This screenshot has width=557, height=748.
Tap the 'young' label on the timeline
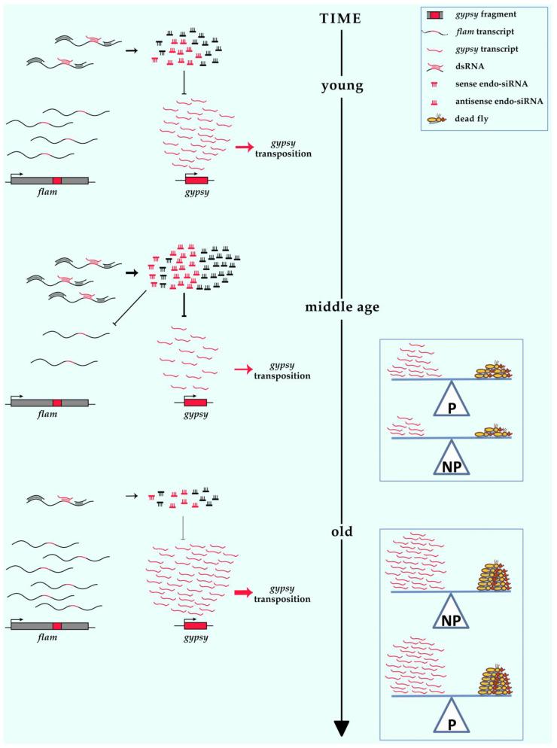(x=342, y=85)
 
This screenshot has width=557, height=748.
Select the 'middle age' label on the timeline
(x=342, y=307)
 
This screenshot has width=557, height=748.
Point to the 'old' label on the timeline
(x=342, y=534)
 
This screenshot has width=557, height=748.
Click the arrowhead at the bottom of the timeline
(x=342, y=727)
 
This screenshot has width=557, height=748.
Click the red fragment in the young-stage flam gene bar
(x=57, y=181)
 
